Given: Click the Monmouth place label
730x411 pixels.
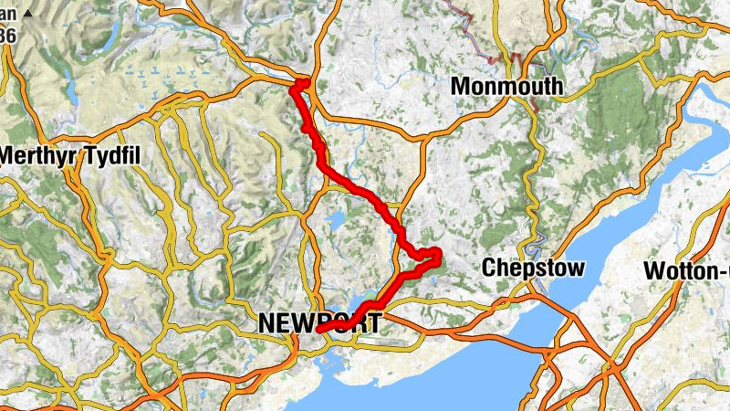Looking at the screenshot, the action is (x=506, y=87).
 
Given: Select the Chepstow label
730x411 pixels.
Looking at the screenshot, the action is (x=532, y=269).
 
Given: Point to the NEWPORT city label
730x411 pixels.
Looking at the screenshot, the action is (x=318, y=321).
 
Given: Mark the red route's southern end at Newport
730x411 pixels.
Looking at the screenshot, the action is (x=319, y=329).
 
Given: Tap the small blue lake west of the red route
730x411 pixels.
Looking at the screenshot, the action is (x=336, y=220).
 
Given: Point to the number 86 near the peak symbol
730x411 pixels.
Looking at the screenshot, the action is (x=6, y=36).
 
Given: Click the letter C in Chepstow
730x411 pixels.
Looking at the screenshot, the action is (x=488, y=269).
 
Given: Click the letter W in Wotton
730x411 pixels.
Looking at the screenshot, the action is (x=654, y=271).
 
